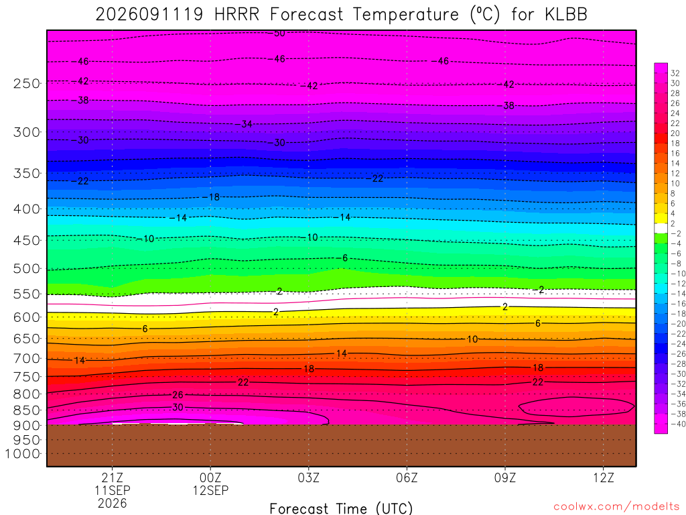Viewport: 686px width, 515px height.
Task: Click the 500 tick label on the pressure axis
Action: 26,268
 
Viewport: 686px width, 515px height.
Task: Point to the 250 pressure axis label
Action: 26,83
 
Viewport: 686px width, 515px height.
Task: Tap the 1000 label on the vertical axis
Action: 22,454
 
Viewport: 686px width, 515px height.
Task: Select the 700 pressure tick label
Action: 26,359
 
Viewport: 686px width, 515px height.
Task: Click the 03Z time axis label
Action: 309,477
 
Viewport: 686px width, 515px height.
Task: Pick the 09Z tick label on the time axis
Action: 505,477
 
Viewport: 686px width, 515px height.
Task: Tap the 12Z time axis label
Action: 604,477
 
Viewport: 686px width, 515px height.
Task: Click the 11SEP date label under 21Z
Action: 113,490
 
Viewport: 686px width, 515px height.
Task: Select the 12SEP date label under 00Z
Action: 211,490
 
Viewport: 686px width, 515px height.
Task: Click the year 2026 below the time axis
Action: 113,504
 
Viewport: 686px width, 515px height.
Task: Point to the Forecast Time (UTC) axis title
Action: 341,508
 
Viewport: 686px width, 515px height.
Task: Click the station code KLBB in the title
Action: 566,15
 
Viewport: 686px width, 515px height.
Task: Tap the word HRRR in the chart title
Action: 236,15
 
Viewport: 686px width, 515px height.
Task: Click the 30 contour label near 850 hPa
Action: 178,407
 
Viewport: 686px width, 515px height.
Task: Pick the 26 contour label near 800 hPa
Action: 178,395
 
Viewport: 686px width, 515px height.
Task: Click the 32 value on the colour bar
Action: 675,74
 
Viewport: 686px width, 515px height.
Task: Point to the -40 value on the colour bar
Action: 678,424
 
